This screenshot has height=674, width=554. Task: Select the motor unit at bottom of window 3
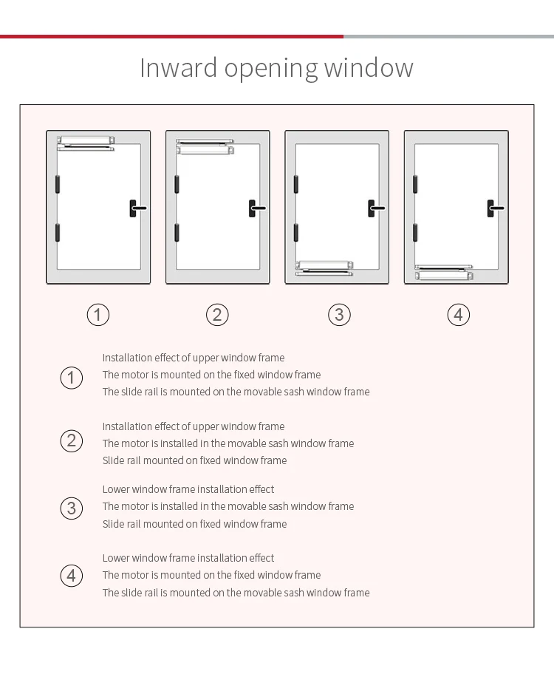[325, 264]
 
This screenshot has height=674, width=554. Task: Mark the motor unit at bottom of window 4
[444, 276]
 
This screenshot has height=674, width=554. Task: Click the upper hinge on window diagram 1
[57, 183]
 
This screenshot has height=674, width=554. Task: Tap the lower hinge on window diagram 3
[295, 232]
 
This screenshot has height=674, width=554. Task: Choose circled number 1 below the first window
[98, 315]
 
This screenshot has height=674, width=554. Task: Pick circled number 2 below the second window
[217, 315]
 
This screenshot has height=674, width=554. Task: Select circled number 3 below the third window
[339, 315]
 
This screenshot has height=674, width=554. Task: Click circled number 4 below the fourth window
[459, 315]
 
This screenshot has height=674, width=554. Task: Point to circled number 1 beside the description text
[71, 378]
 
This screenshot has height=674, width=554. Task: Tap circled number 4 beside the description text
[71, 576]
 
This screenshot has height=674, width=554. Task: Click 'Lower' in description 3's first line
[116, 489]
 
